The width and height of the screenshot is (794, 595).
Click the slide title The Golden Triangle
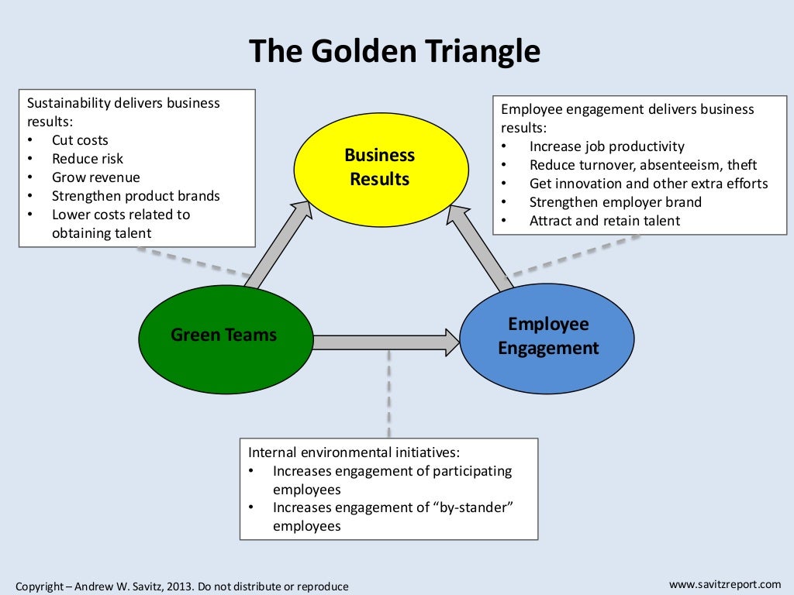click(395, 52)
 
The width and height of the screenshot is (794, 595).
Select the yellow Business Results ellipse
click(381, 167)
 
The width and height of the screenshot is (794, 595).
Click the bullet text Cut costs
click(80, 140)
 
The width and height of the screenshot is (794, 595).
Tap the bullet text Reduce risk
click(87, 159)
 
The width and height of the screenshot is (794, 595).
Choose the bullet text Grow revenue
click(95, 177)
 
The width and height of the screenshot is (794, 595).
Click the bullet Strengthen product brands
click(136, 196)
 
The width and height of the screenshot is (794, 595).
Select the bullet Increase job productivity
click(606, 146)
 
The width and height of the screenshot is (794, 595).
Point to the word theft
click(742, 165)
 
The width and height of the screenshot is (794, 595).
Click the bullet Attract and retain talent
click(604, 221)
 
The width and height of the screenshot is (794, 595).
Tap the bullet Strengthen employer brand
click(615, 202)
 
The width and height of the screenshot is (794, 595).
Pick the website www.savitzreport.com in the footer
click(725, 583)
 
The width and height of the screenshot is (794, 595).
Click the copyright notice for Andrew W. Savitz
click(182, 586)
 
